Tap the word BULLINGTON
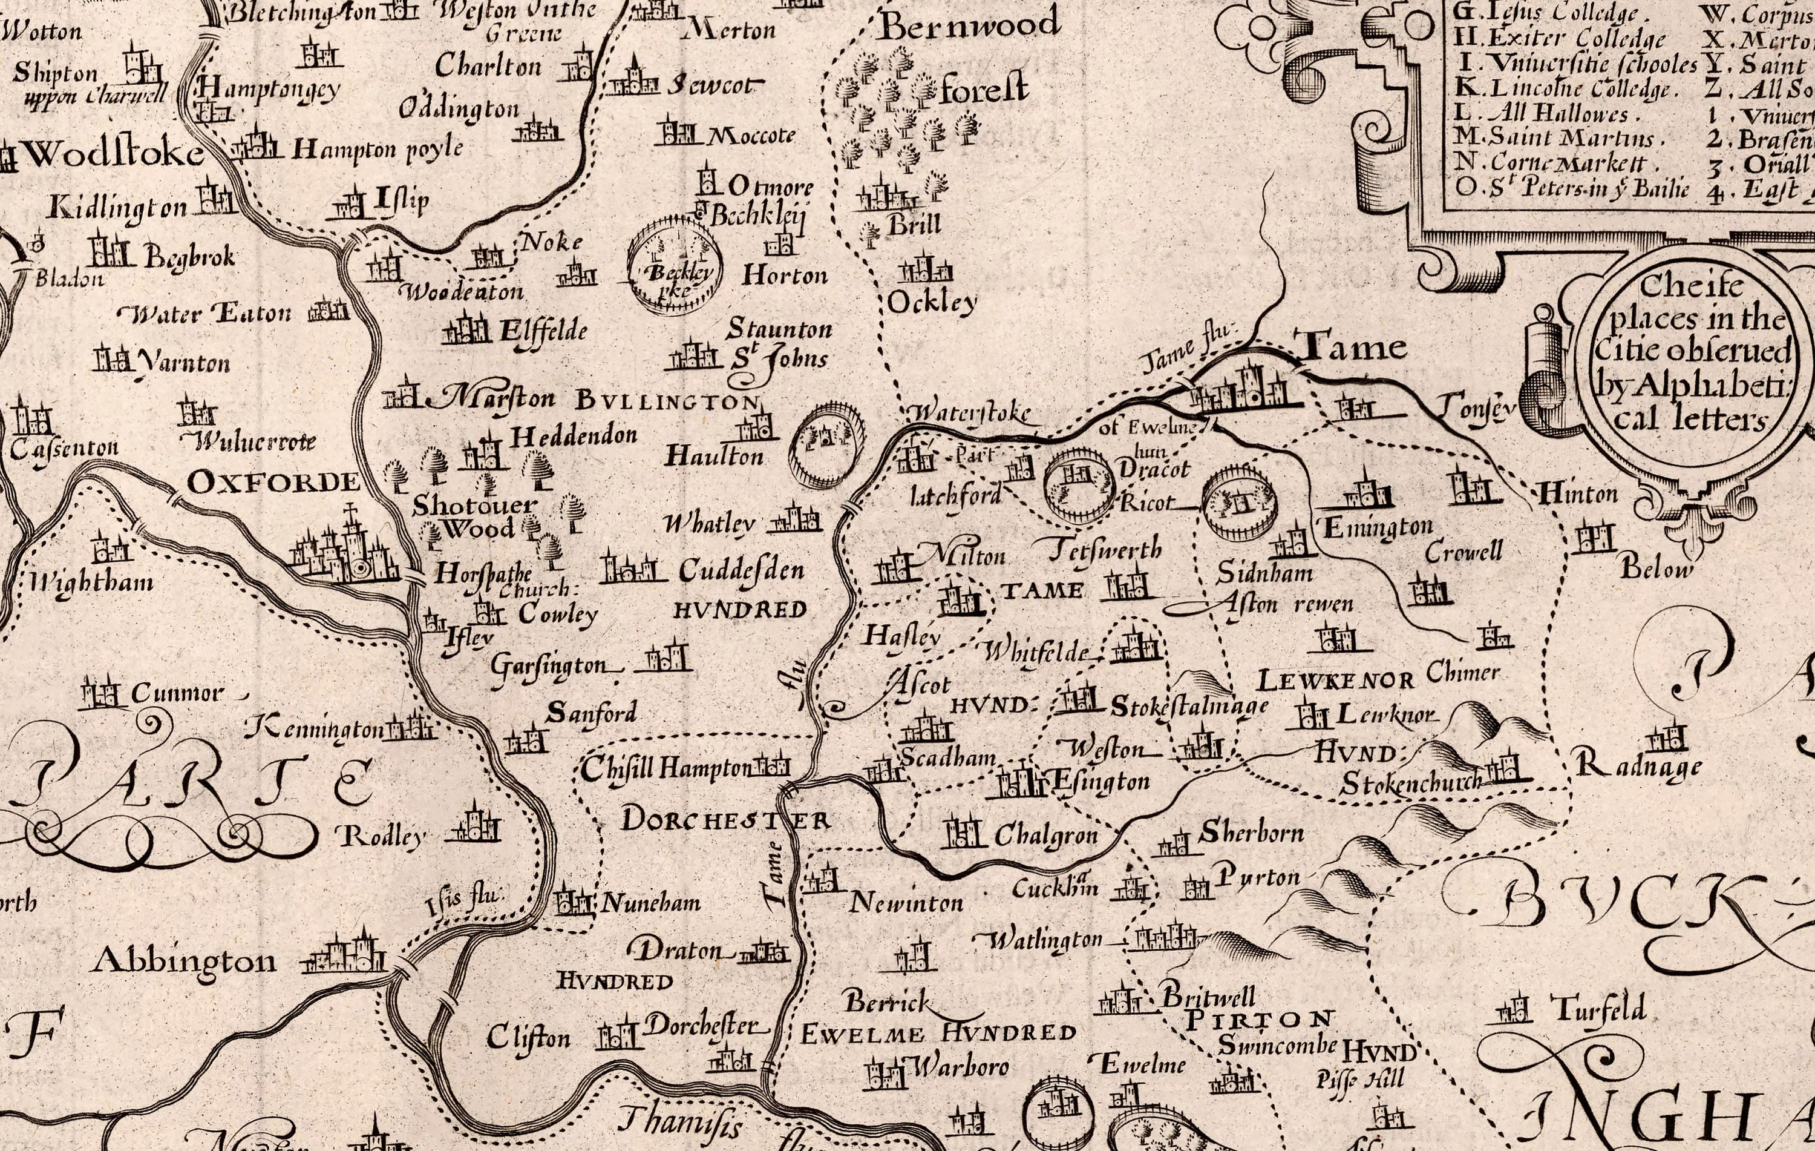[667, 400]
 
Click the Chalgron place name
[1045, 835]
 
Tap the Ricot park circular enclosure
[1238, 501]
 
